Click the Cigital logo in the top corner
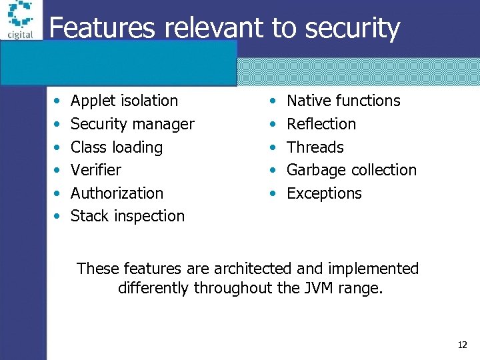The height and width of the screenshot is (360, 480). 20,21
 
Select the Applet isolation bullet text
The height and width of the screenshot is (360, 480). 124,101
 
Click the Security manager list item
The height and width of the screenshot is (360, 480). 132,124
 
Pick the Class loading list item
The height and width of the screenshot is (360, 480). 116,147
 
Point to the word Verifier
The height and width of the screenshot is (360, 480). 95,170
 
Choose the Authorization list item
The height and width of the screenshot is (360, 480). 117,193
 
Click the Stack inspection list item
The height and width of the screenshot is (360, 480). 127,216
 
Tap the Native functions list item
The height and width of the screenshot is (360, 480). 343,101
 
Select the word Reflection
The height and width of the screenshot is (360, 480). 321,124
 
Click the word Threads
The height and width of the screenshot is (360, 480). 315,147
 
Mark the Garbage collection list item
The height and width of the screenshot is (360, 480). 351,170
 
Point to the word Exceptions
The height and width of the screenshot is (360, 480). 324,193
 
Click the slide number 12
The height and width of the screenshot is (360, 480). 462,345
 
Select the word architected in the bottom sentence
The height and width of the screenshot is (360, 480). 253,269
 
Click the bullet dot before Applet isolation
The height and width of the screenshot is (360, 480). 58,101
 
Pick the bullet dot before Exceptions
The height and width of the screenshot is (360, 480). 273,194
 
